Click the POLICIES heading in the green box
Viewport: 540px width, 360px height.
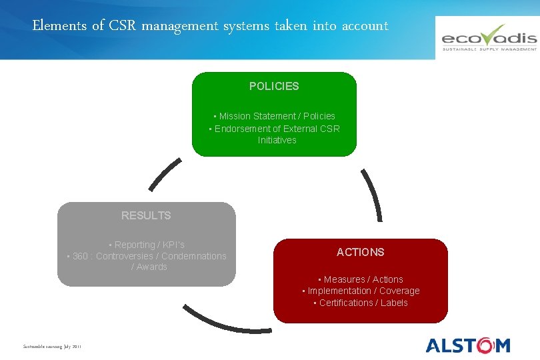274,86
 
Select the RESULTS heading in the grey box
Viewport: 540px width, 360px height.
146,215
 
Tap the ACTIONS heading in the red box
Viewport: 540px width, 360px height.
361,252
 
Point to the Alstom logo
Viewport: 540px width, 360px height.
468,345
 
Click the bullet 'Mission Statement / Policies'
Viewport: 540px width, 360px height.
275,116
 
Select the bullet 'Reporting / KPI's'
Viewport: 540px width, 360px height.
147,245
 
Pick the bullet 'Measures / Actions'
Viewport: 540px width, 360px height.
361,279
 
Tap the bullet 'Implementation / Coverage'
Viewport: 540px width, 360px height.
361,291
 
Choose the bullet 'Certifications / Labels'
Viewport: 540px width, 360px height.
361,303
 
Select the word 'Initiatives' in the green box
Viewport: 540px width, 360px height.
277,140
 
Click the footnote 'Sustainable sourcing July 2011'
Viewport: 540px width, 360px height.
52,347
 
